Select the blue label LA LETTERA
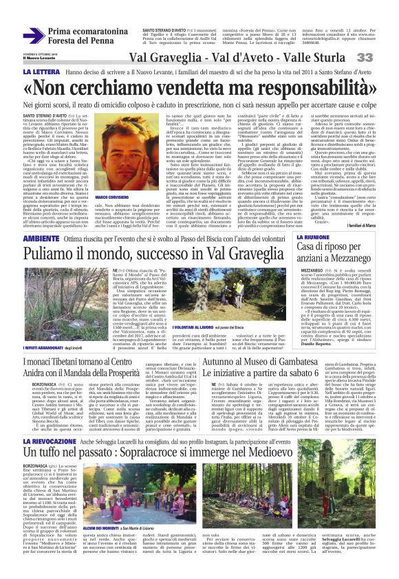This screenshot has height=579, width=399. coord(24,71)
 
